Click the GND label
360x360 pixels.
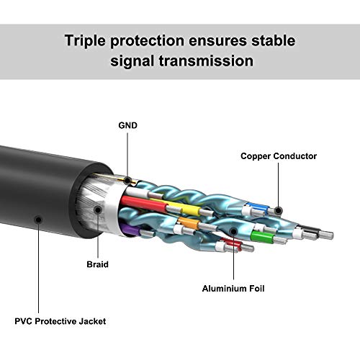coord(128,125)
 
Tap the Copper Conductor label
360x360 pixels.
coord(279,156)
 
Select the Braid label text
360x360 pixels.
coord(97,264)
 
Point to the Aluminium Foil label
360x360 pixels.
coord(233,288)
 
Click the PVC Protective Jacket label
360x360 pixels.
coord(60,321)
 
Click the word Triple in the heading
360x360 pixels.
coord(85,41)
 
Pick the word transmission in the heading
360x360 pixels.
coord(206,60)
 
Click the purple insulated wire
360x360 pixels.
coord(130,230)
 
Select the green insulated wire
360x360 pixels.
coord(262,236)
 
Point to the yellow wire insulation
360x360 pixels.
coord(186,208)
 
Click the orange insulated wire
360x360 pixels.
coord(189,222)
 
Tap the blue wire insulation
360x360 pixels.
coord(257,207)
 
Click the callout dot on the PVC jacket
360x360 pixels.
coord(38,220)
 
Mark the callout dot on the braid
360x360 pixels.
coord(98,210)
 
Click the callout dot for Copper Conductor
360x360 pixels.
coord(278,210)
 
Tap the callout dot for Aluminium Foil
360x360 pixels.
coord(233,232)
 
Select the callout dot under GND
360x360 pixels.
coord(127,181)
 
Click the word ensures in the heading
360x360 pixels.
coord(217,40)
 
